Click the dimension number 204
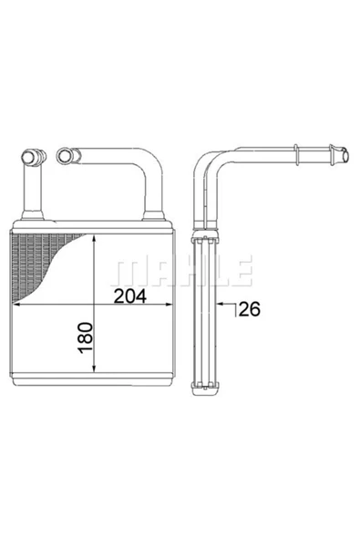[129, 296]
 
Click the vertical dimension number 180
[86, 337]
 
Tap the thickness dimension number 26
[249, 309]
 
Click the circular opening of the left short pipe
[28, 157]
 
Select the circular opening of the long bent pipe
[64, 155]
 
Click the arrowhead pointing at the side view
[221, 304]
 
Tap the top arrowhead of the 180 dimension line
[94, 238]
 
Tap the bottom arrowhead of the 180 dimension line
[94, 369]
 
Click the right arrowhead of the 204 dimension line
[168, 304]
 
